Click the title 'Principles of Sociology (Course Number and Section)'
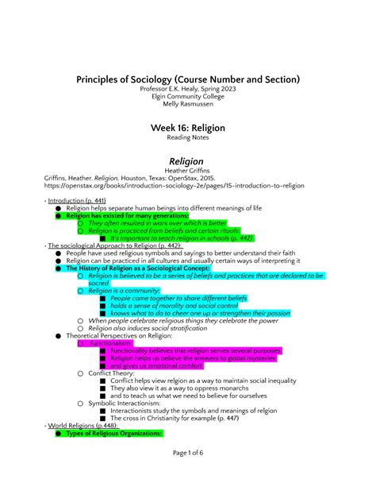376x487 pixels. coord(188,79)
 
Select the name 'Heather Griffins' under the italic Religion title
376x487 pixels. coord(188,171)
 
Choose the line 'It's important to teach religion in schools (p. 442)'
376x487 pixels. coord(182,238)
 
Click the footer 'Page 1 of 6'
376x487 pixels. coord(188,474)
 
